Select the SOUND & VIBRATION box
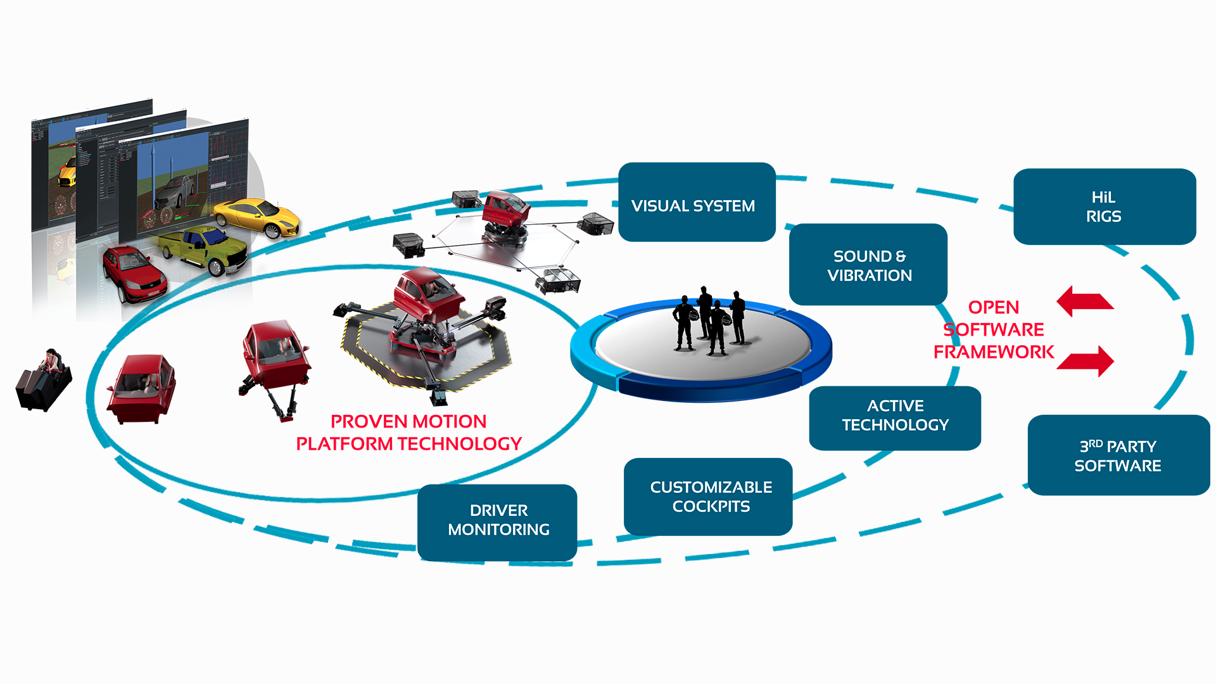point(868,265)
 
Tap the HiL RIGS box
point(1104,206)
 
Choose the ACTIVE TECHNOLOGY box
point(894,417)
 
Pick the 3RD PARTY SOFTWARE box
point(1118,455)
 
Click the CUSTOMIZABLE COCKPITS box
point(709,497)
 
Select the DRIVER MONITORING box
point(497,521)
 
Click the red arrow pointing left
point(1084,301)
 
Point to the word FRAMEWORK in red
point(993,352)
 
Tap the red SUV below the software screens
point(134,272)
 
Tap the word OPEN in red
point(993,308)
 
